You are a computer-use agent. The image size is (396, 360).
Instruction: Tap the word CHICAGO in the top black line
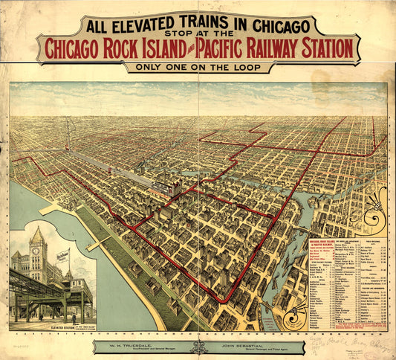pos(273,25)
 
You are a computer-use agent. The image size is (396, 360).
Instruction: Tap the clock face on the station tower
pos(36,251)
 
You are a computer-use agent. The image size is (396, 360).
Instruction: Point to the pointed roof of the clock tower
pos(36,234)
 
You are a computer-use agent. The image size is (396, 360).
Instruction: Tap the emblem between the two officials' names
pos(198,347)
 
